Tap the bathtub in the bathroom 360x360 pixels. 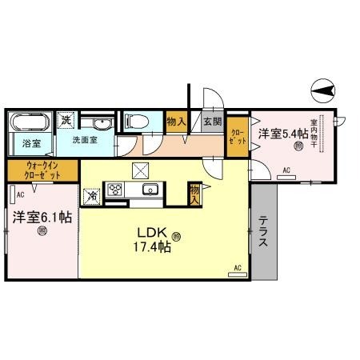30,123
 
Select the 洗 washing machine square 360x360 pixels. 67,120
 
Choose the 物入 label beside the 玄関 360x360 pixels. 178,121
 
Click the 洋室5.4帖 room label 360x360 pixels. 278,134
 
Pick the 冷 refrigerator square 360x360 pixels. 91,194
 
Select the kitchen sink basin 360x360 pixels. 149,190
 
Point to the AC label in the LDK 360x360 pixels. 238,267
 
